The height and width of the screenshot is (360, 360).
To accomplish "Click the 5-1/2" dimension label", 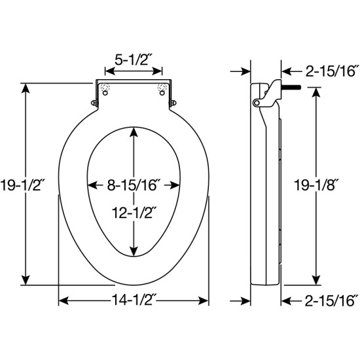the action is [x=134, y=60].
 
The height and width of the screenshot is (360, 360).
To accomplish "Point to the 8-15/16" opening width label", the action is [x=134, y=185].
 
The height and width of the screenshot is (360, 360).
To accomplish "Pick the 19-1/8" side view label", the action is [x=316, y=185].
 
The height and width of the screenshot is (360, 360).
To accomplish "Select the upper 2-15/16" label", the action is [x=332, y=71].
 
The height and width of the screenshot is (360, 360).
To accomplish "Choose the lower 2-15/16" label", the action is [x=332, y=300].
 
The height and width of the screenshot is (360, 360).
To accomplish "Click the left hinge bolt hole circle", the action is [x=105, y=93].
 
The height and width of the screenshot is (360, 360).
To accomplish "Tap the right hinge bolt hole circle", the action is [x=162, y=93].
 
